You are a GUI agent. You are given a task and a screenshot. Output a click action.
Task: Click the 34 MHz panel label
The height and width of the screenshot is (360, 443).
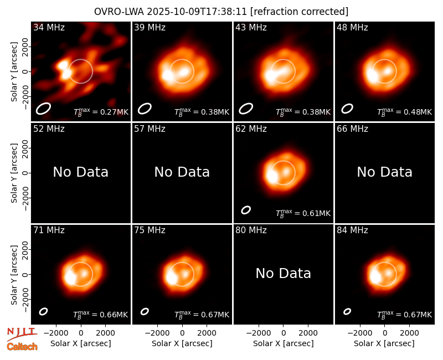tap(49, 27)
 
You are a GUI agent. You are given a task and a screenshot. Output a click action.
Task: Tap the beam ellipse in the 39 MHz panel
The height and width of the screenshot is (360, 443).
tap(145, 109)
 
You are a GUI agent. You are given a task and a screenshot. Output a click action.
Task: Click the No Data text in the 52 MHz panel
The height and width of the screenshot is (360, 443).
tap(80, 172)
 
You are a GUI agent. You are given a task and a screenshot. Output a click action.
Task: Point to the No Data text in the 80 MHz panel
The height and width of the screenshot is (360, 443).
tap(283, 273)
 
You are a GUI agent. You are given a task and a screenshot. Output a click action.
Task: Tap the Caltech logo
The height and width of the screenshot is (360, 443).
tap(22, 347)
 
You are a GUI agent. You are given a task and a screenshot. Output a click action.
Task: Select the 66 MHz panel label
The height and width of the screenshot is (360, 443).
tap(352, 129)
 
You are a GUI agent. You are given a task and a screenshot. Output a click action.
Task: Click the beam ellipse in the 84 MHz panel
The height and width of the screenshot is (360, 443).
tap(347, 311)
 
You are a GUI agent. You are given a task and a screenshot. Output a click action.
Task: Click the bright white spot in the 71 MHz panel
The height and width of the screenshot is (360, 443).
tap(70, 277)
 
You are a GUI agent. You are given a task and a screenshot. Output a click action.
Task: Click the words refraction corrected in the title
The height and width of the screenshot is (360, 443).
tap(300, 12)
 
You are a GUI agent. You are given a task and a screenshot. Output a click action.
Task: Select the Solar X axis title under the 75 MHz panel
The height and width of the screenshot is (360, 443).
tap(182, 343)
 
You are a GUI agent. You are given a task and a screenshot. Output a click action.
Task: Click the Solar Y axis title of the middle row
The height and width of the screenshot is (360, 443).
tap(14, 173)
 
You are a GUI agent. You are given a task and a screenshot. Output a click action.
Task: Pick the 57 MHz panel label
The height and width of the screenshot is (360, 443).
tap(150, 129)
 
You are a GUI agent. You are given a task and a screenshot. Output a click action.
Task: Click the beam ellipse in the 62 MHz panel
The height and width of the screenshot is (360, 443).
tap(246, 210)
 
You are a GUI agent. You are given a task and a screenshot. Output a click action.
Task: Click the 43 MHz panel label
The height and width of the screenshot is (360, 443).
tap(251, 27)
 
